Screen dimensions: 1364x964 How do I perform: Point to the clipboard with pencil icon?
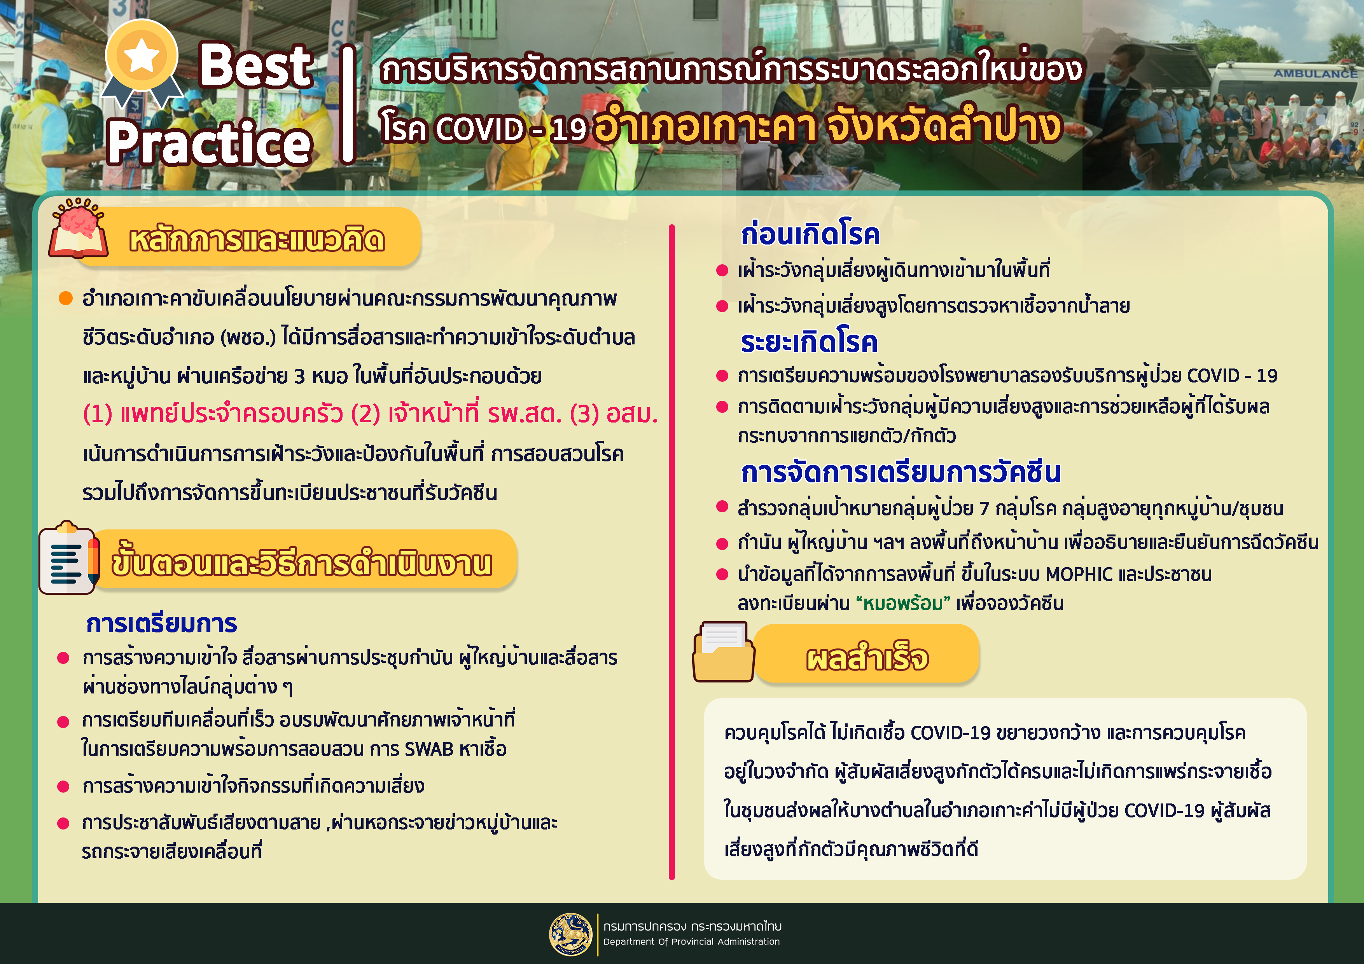(68, 558)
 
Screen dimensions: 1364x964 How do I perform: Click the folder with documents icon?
(723, 651)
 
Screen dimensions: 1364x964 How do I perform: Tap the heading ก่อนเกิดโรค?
(810, 234)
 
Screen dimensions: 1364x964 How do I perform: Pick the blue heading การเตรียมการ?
(162, 623)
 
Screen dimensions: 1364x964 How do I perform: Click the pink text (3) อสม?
(614, 414)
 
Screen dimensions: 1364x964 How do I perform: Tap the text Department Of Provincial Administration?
(691, 941)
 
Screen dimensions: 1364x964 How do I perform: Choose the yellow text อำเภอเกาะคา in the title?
(705, 126)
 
